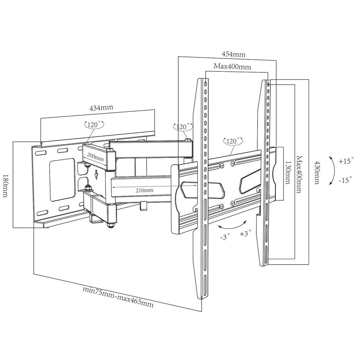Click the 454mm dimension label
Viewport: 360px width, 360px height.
pyautogui.click(x=233, y=54)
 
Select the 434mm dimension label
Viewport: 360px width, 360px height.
pyautogui.click(x=101, y=107)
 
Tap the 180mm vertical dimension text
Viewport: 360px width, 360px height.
pyautogui.click(x=5, y=186)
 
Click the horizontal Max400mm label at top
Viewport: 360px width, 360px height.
pyautogui.click(x=232, y=66)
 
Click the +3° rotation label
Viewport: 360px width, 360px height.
pyautogui.click(x=245, y=233)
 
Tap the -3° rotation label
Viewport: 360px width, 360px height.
pyautogui.click(x=225, y=237)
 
